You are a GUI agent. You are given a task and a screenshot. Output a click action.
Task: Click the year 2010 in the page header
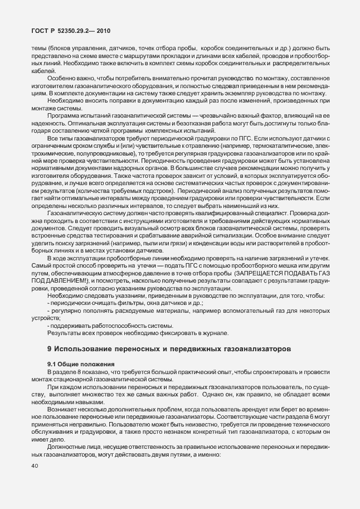[x=108, y=32]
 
